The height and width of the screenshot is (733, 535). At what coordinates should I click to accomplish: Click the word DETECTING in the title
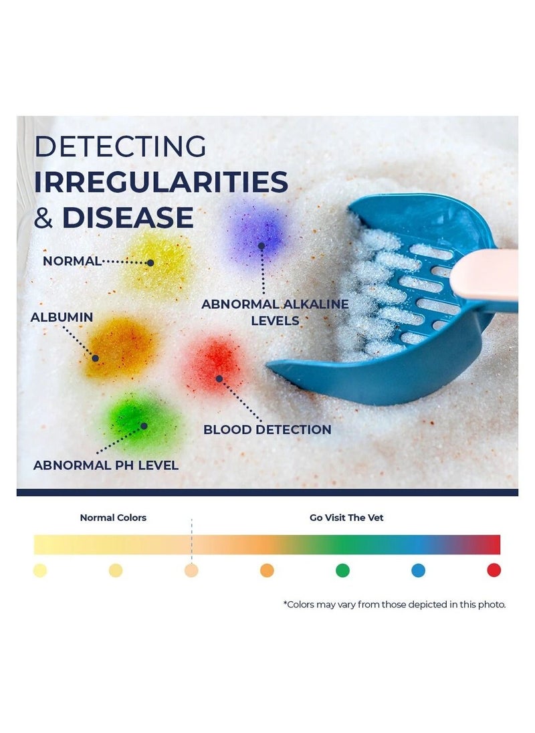120,146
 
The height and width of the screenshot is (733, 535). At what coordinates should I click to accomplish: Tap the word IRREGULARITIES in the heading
161,182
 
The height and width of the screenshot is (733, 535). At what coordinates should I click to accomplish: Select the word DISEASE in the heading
128,217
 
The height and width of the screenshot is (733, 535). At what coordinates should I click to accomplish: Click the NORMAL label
72,261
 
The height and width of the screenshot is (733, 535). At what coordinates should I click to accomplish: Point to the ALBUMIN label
62,317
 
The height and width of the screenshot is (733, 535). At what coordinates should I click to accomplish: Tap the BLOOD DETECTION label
267,429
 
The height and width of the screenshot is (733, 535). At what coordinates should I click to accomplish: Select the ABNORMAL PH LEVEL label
106,465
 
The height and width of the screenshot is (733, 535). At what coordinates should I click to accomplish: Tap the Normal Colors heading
113,518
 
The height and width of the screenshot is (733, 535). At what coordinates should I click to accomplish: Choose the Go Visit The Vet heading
346,518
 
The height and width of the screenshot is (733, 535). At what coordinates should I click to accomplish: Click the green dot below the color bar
342,570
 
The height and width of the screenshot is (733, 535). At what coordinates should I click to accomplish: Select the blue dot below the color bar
418,570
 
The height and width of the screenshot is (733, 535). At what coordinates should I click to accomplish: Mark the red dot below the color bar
494,570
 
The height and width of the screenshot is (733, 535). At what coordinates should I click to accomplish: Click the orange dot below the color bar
267,570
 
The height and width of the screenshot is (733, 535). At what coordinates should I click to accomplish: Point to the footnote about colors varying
395,605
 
